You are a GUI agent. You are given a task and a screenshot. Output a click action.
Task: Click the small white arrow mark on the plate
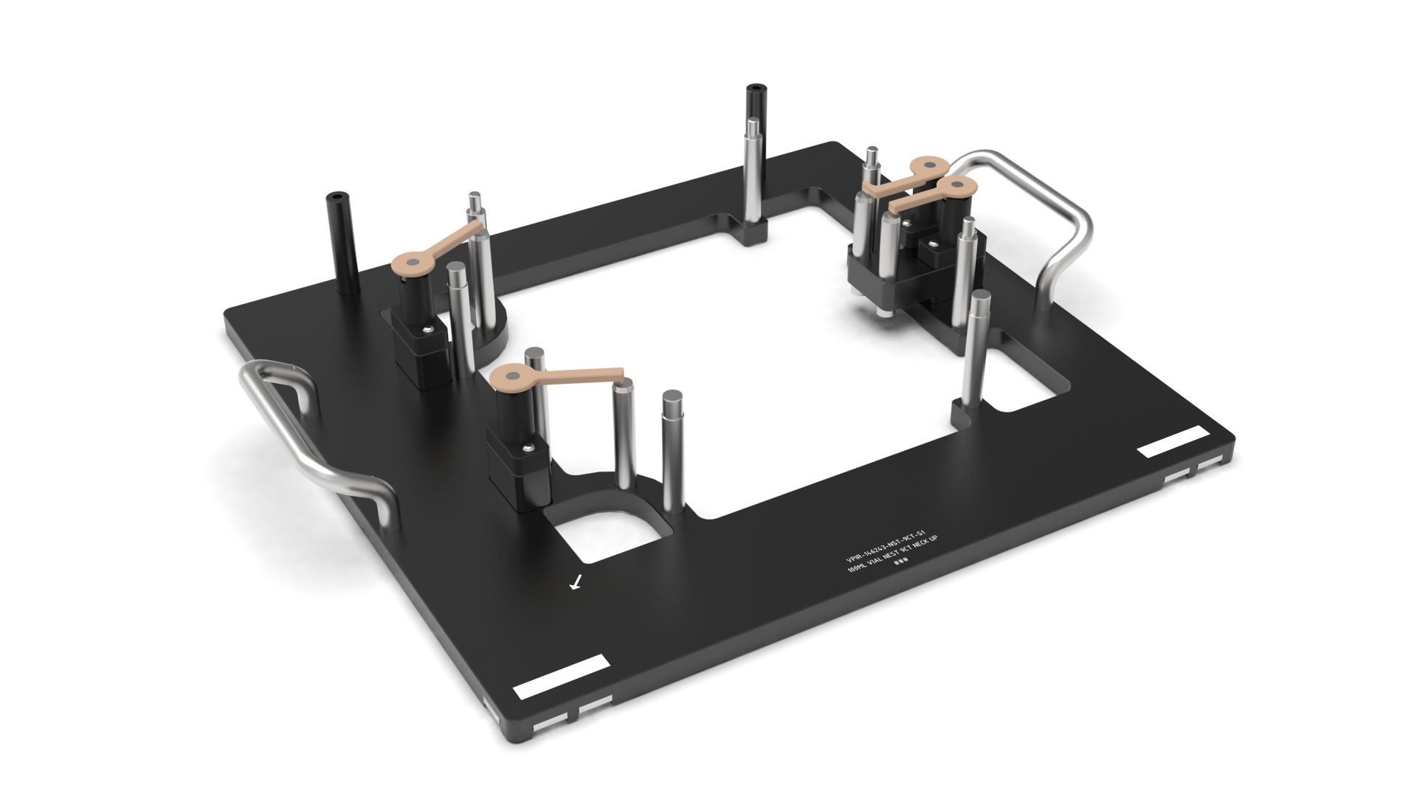[x=576, y=583]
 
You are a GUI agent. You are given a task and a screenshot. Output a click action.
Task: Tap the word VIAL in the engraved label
[x=879, y=561]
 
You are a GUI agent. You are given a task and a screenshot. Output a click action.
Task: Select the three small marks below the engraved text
[x=900, y=562]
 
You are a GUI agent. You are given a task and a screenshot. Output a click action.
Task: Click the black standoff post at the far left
[x=340, y=244]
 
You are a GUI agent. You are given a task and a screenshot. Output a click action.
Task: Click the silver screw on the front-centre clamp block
[x=527, y=446]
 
